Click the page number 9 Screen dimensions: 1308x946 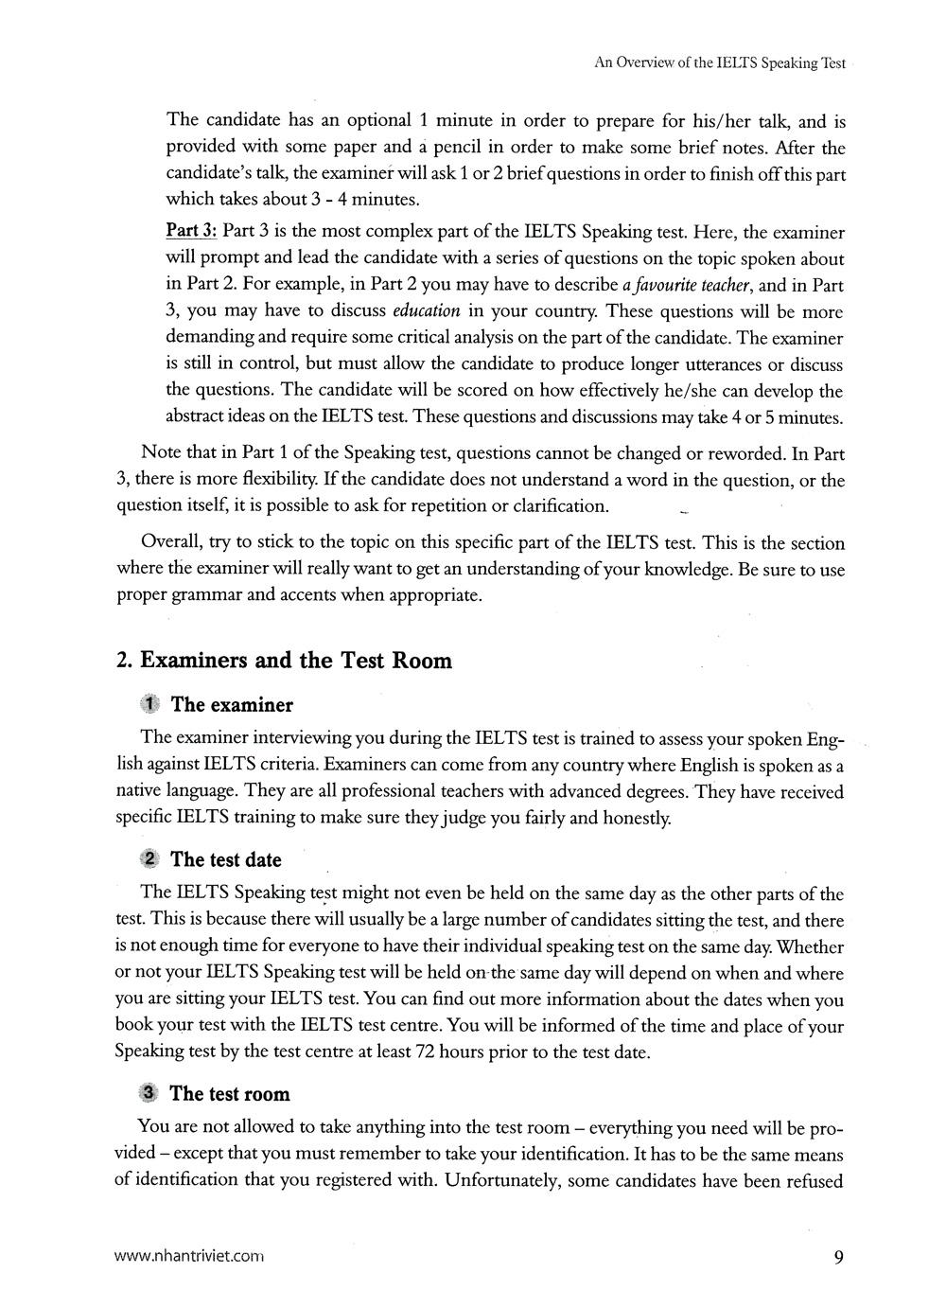pos(838,1257)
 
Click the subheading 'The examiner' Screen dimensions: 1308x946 pos(232,705)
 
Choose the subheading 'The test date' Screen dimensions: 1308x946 pos(226,859)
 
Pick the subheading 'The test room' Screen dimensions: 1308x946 pos(230,1094)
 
